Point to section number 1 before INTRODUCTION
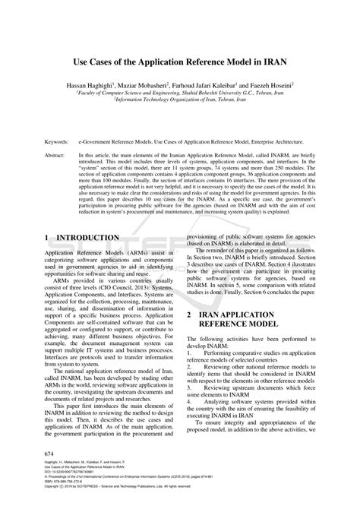(48, 238)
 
